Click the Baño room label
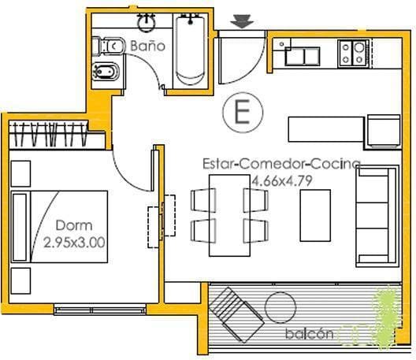click(147, 46)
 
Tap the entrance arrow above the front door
click(242, 21)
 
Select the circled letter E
click(243, 112)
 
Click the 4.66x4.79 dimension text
click(282, 181)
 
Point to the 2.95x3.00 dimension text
click(74, 243)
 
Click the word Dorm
click(74, 225)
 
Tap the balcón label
click(310, 333)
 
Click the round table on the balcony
click(280, 307)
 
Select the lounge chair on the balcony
click(236, 314)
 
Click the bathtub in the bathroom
click(190, 50)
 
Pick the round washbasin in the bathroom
click(146, 23)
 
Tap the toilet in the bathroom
click(108, 46)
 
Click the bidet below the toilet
click(106, 72)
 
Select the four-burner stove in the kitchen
click(354, 54)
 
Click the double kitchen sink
click(303, 56)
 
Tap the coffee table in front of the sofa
click(315, 215)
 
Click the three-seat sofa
click(377, 216)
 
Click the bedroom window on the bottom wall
click(100, 310)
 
